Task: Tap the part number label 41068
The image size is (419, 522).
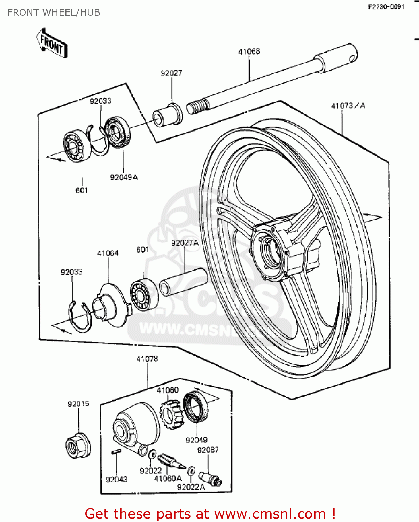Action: pyautogui.click(x=249, y=52)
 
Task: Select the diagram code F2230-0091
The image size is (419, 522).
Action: pyautogui.click(x=386, y=7)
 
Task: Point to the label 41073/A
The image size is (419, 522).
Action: pyautogui.click(x=348, y=105)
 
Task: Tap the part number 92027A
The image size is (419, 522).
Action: pyautogui.click(x=185, y=243)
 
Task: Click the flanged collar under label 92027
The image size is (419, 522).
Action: pyautogui.click(x=168, y=115)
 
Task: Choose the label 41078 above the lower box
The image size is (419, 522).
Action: pyautogui.click(x=147, y=358)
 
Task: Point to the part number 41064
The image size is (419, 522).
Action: pyautogui.click(x=108, y=253)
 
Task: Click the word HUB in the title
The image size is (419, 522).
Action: pyautogui.click(x=90, y=13)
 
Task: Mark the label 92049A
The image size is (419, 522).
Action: pyautogui.click(x=124, y=177)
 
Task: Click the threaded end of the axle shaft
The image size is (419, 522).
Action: pyautogui.click(x=197, y=105)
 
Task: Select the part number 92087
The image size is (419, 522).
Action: pyautogui.click(x=208, y=450)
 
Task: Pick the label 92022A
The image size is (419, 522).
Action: pyautogui.click(x=191, y=487)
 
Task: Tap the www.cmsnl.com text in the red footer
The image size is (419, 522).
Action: pyautogui.click(x=270, y=514)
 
